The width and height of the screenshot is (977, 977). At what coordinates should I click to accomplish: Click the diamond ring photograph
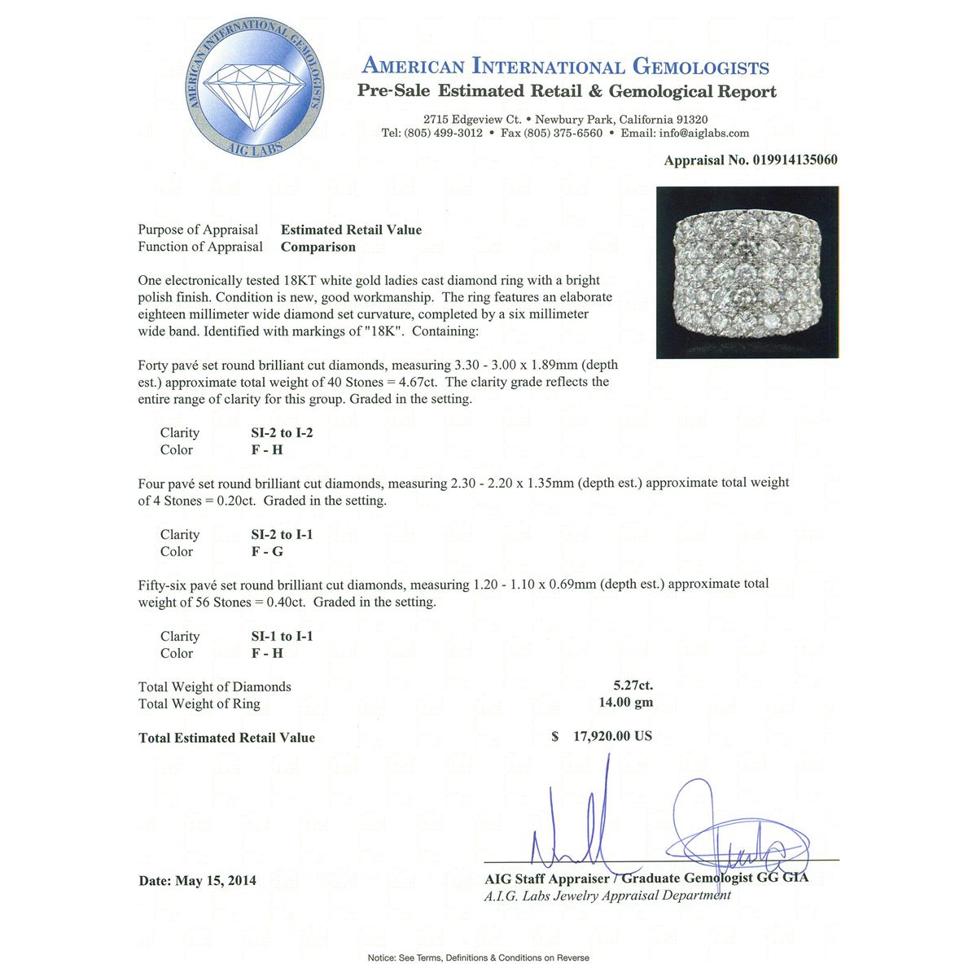click(747, 272)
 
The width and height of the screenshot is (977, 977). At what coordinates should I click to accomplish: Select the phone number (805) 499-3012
click(443, 133)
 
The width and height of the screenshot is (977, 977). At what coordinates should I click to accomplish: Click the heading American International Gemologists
click(565, 67)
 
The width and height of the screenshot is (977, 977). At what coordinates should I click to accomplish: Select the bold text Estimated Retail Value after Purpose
click(351, 230)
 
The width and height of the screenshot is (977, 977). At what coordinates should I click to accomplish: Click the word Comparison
click(318, 247)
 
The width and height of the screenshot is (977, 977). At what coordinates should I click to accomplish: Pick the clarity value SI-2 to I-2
click(282, 432)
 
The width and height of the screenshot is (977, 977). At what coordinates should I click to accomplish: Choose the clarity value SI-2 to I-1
click(282, 534)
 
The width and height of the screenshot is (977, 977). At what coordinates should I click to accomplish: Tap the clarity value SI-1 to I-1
click(282, 636)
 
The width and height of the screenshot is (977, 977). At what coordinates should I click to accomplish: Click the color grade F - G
click(267, 551)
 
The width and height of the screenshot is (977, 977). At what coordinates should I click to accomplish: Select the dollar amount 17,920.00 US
click(612, 736)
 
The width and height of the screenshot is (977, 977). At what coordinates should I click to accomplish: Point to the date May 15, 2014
click(215, 880)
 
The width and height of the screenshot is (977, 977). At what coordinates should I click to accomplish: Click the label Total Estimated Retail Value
click(226, 738)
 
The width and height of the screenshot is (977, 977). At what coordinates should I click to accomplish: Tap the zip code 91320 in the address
click(687, 119)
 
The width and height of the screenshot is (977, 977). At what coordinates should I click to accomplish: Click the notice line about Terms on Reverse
click(479, 957)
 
